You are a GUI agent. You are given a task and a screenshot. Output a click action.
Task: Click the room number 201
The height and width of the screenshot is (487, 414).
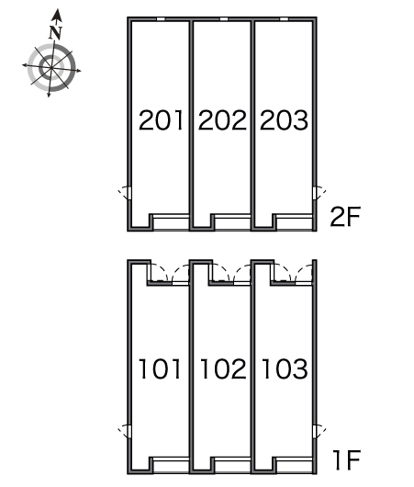tap(161, 119)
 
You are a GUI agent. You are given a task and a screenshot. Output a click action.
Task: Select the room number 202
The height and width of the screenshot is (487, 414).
tap(222, 119)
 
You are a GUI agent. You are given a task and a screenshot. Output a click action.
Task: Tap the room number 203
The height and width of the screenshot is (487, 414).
tap(284, 119)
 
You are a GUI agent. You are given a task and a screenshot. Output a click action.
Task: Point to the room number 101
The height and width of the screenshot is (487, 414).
tap(160, 368)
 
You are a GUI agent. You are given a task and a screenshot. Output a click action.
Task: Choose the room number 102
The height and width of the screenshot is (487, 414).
tap(223, 368)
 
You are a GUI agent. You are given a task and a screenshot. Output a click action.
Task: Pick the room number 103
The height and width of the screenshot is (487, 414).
tap(285, 368)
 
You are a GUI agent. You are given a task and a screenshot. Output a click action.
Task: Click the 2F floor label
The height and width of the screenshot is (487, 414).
tap(345, 217)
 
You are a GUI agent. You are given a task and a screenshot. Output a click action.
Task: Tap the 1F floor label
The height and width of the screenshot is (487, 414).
tap(346, 459)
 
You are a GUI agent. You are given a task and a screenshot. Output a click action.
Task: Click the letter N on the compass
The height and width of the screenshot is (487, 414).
tap(56, 32)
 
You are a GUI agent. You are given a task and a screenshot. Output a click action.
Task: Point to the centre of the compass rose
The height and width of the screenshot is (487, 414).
tap(51, 68)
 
